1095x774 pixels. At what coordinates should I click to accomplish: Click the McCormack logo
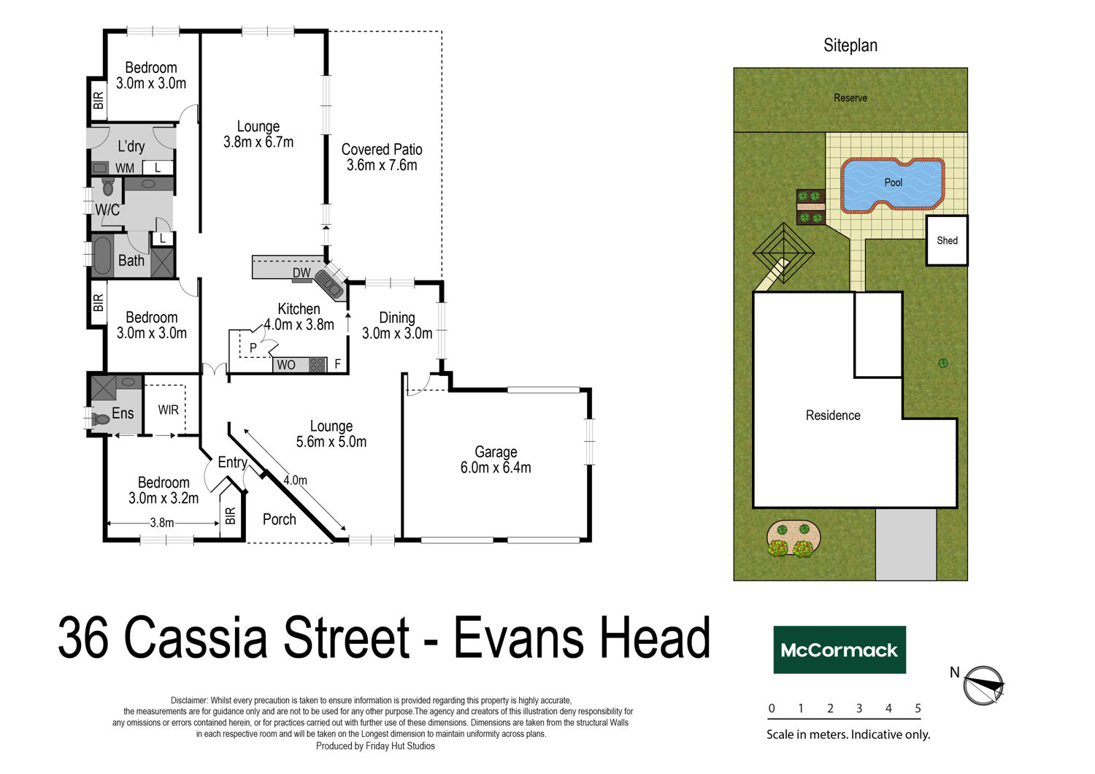click(x=839, y=650)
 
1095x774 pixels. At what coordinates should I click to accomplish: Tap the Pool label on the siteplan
click(x=893, y=183)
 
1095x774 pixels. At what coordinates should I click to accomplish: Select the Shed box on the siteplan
click(x=947, y=240)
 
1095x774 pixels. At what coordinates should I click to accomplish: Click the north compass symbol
click(x=983, y=685)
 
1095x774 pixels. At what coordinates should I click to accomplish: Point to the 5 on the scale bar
click(x=918, y=708)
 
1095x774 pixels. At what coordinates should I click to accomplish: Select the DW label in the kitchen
click(x=301, y=273)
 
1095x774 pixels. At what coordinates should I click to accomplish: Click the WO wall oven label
click(x=286, y=365)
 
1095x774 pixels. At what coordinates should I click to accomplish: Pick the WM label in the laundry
click(x=125, y=168)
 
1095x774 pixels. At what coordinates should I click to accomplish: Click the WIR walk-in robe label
click(x=168, y=410)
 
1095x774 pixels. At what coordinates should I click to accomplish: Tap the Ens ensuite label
click(x=123, y=413)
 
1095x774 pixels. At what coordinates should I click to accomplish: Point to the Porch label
click(x=279, y=519)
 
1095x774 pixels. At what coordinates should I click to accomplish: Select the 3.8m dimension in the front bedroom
click(x=162, y=523)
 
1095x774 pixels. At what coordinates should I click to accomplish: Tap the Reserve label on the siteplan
click(x=850, y=98)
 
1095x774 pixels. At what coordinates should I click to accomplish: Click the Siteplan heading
click(x=850, y=45)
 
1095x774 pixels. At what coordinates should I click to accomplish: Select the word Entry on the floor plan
click(x=232, y=462)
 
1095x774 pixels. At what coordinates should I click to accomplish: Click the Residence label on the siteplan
click(x=833, y=415)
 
